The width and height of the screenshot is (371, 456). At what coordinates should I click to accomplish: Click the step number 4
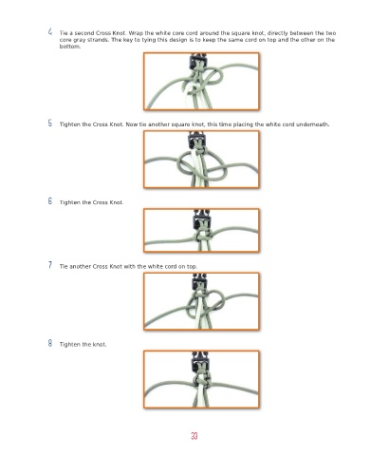coord(50,31)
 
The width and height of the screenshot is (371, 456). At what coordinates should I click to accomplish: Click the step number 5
coord(50,123)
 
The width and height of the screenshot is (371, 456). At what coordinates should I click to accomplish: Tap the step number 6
coord(50,200)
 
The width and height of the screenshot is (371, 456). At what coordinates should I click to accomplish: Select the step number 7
coord(50,265)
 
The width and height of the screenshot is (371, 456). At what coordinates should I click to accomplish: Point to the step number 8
coord(50,343)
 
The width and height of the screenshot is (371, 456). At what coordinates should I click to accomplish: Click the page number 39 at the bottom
coord(195,436)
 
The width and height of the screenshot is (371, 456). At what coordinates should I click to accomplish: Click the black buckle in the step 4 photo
coord(197,61)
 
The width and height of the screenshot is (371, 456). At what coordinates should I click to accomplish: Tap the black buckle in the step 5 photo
coord(196,140)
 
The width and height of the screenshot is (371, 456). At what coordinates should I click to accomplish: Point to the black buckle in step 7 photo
coord(199,281)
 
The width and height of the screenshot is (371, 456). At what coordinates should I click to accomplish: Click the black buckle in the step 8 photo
coord(200,362)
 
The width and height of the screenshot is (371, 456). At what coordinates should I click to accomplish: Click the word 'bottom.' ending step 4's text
coord(70,47)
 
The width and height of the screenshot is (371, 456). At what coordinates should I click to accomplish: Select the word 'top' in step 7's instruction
coord(192,267)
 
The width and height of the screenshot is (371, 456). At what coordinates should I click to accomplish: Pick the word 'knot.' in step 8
coord(100,344)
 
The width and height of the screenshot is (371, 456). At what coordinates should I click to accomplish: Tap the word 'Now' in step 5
coord(131,124)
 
